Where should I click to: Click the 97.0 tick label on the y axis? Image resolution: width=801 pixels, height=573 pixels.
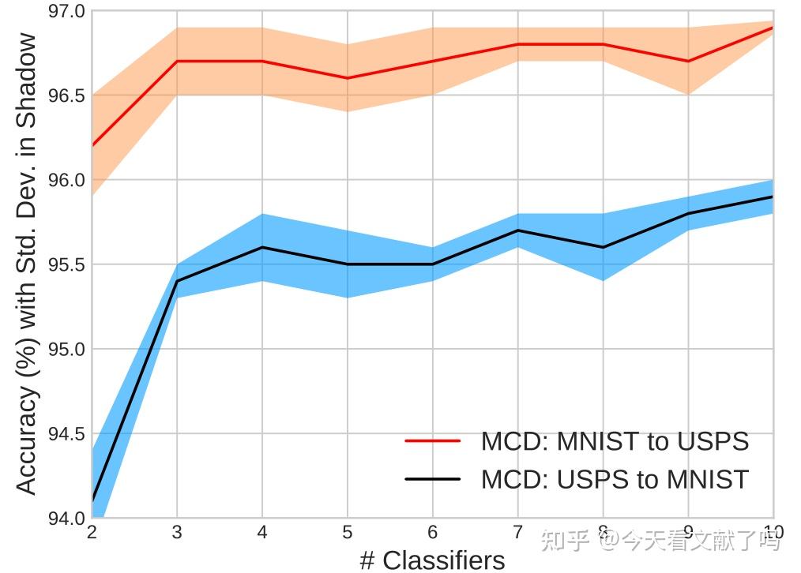pos(68,12)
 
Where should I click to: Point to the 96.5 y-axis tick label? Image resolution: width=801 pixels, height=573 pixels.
pos(68,95)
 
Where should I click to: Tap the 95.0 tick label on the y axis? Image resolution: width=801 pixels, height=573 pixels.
pos(68,349)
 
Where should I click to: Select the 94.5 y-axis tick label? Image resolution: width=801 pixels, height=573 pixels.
pos(68,433)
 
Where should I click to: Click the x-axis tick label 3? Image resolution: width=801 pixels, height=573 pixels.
pos(177,531)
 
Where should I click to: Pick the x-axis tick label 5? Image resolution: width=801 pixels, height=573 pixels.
pos(348,531)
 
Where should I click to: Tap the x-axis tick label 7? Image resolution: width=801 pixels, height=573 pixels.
pos(518,531)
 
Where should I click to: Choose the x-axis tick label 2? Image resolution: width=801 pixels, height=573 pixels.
pos(92,531)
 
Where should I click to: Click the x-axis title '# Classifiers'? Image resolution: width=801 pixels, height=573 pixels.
pos(432,560)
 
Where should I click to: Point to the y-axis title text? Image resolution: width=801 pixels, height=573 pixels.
pos(27,264)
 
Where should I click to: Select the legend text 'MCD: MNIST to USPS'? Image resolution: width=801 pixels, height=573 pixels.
pos(615,441)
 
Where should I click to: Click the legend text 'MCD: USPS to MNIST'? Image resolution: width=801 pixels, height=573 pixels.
pos(615,479)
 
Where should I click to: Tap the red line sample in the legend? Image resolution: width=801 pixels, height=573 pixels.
pos(432,441)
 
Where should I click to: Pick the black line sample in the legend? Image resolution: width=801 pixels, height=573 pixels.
pos(432,479)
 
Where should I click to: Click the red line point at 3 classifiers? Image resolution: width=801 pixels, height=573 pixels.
pos(177,62)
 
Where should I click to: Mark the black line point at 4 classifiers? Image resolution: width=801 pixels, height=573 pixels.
pos(262,247)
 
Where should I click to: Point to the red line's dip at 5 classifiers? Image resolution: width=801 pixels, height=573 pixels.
pos(348,78)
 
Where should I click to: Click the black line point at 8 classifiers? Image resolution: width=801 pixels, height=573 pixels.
pos(604,247)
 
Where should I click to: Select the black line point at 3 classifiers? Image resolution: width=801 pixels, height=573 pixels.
pos(177,281)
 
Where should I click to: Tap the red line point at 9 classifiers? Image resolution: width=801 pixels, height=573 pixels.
pos(689,62)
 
